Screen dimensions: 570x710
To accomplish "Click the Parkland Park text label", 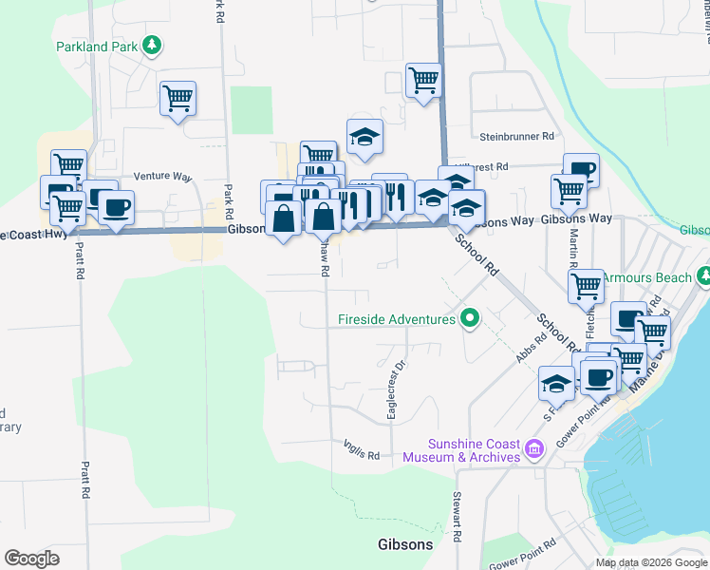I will (x=96, y=46).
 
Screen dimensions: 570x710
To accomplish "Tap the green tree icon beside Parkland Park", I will (x=151, y=46).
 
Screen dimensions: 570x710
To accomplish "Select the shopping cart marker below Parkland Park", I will (x=177, y=99).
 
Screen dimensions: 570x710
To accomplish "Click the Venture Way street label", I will (x=162, y=177).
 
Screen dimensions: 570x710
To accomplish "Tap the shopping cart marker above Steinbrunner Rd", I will (x=423, y=81).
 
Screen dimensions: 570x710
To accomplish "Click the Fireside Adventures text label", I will (x=396, y=319).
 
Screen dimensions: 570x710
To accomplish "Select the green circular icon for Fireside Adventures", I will (x=468, y=318).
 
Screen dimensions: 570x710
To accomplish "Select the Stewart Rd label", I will (x=457, y=517).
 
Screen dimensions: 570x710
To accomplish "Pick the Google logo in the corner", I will (x=31, y=559).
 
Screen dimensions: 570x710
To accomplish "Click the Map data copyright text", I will (x=650, y=562).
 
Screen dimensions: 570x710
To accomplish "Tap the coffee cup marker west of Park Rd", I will (x=116, y=207).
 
